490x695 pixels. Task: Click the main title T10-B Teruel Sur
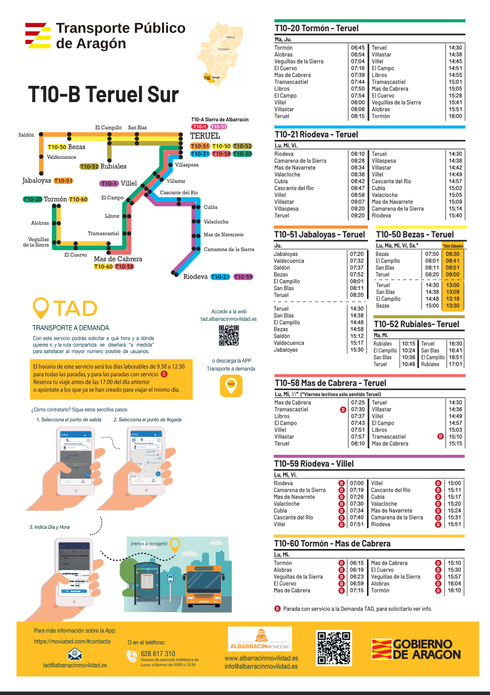(103, 95)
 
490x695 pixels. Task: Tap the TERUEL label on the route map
(205, 136)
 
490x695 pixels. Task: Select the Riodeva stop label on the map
(195, 277)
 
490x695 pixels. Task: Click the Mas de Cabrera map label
(118, 259)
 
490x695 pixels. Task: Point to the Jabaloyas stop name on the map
(37, 181)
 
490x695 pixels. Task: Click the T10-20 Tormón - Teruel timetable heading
(317, 29)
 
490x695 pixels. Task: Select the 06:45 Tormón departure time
(358, 48)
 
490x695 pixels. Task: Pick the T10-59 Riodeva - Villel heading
(314, 464)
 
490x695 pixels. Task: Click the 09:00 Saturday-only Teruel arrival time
(452, 275)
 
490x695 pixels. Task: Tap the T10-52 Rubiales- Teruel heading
(416, 324)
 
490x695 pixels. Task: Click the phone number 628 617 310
(158, 654)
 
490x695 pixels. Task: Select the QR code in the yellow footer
(334, 648)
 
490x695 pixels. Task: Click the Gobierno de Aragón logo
(416, 649)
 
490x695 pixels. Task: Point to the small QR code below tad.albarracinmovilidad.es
(229, 335)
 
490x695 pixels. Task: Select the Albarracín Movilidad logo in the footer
(260, 639)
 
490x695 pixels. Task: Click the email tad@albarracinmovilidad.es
(75, 665)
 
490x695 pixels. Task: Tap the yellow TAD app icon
(231, 385)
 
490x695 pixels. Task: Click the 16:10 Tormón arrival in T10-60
(454, 590)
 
